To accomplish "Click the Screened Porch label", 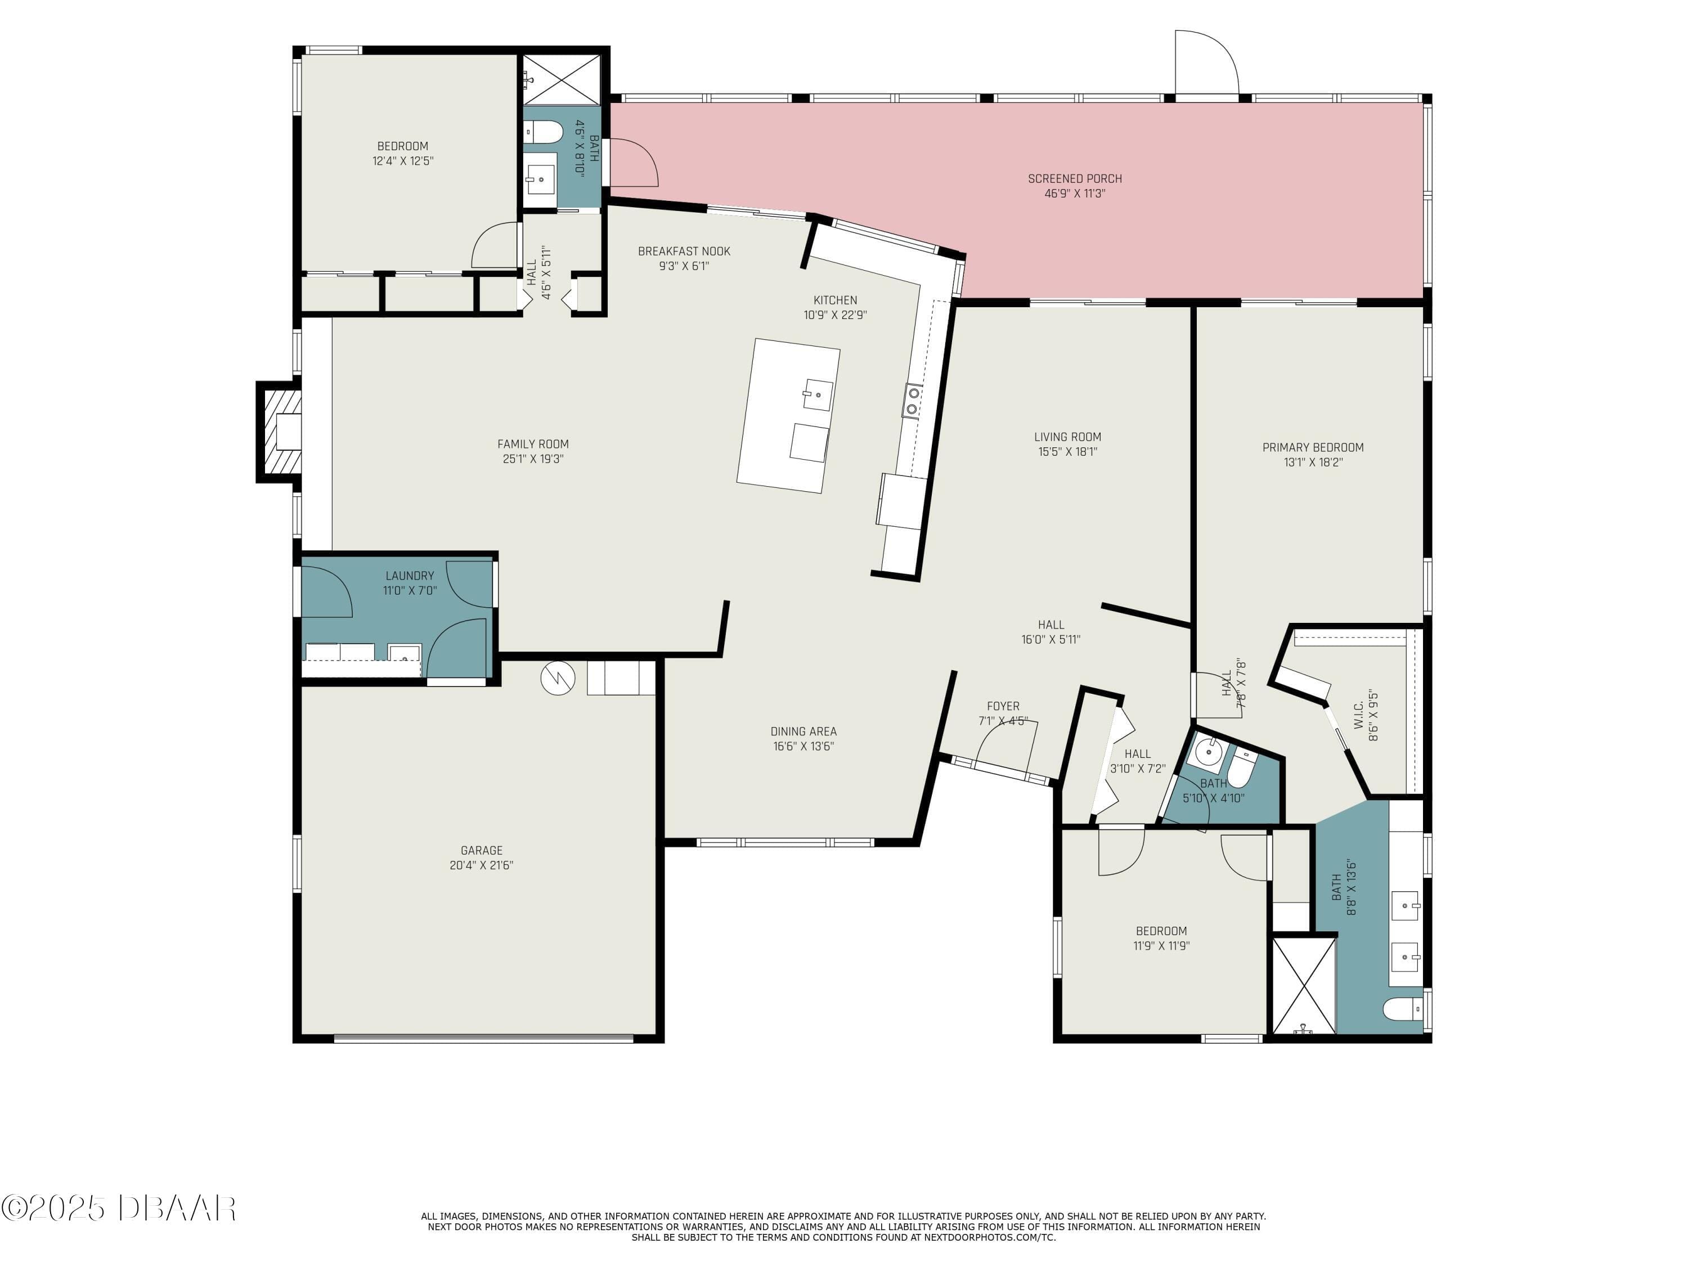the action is click(1075, 178).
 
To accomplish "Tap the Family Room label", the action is click(533, 444).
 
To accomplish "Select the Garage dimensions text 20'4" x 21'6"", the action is click(482, 865).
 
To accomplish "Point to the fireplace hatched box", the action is click(279, 432).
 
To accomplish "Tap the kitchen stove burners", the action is click(912, 401).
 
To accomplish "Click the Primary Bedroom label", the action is click(1313, 447).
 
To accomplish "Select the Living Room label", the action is click(1067, 437).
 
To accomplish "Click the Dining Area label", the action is click(803, 731).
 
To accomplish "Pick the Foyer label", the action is click(1003, 707).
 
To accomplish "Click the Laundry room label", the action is click(410, 576).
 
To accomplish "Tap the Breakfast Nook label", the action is click(684, 251).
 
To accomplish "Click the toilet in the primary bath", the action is click(1403, 1009).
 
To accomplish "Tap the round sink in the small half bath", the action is click(1208, 752).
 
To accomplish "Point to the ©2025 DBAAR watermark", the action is click(118, 1208).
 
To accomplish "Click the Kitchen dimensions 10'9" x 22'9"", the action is click(835, 315).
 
